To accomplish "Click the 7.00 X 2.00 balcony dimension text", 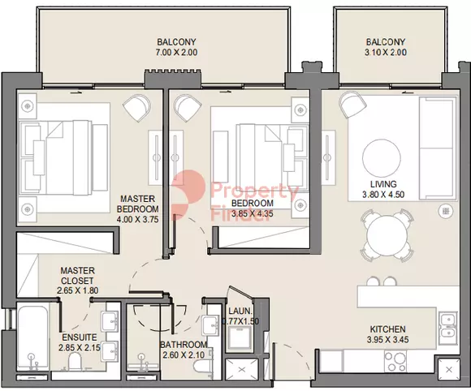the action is coord(176,52).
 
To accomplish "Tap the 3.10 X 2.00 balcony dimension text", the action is coord(386,52).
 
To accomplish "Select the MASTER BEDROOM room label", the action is coord(138,204).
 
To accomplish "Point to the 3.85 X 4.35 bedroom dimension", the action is coord(253,213).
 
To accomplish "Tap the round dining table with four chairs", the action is coord(387,235).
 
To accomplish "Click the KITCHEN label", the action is coord(387,329).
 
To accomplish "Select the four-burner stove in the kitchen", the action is coord(395,361).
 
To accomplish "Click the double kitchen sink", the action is coord(448,329).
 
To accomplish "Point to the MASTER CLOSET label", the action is coord(77,276).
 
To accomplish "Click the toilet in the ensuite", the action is coord(75,362).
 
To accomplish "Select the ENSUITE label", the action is coord(80,337).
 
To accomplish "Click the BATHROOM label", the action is coord(184,345).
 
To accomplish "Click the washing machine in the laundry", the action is coord(240,339).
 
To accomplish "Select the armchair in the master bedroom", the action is coord(137,108).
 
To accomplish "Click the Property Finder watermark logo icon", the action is coord(188,195).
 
